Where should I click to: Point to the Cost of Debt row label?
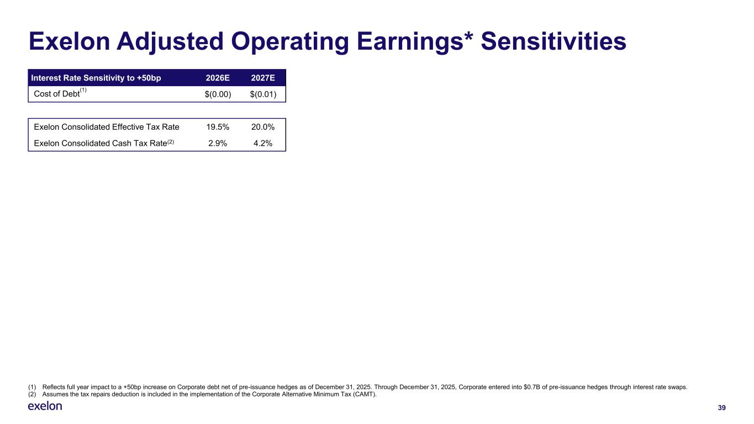[56, 94]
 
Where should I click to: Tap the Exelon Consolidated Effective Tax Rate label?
[107, 127]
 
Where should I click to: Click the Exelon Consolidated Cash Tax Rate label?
[100, 144]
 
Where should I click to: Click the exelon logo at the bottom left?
[45, 406]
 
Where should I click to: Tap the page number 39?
[721, 407]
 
